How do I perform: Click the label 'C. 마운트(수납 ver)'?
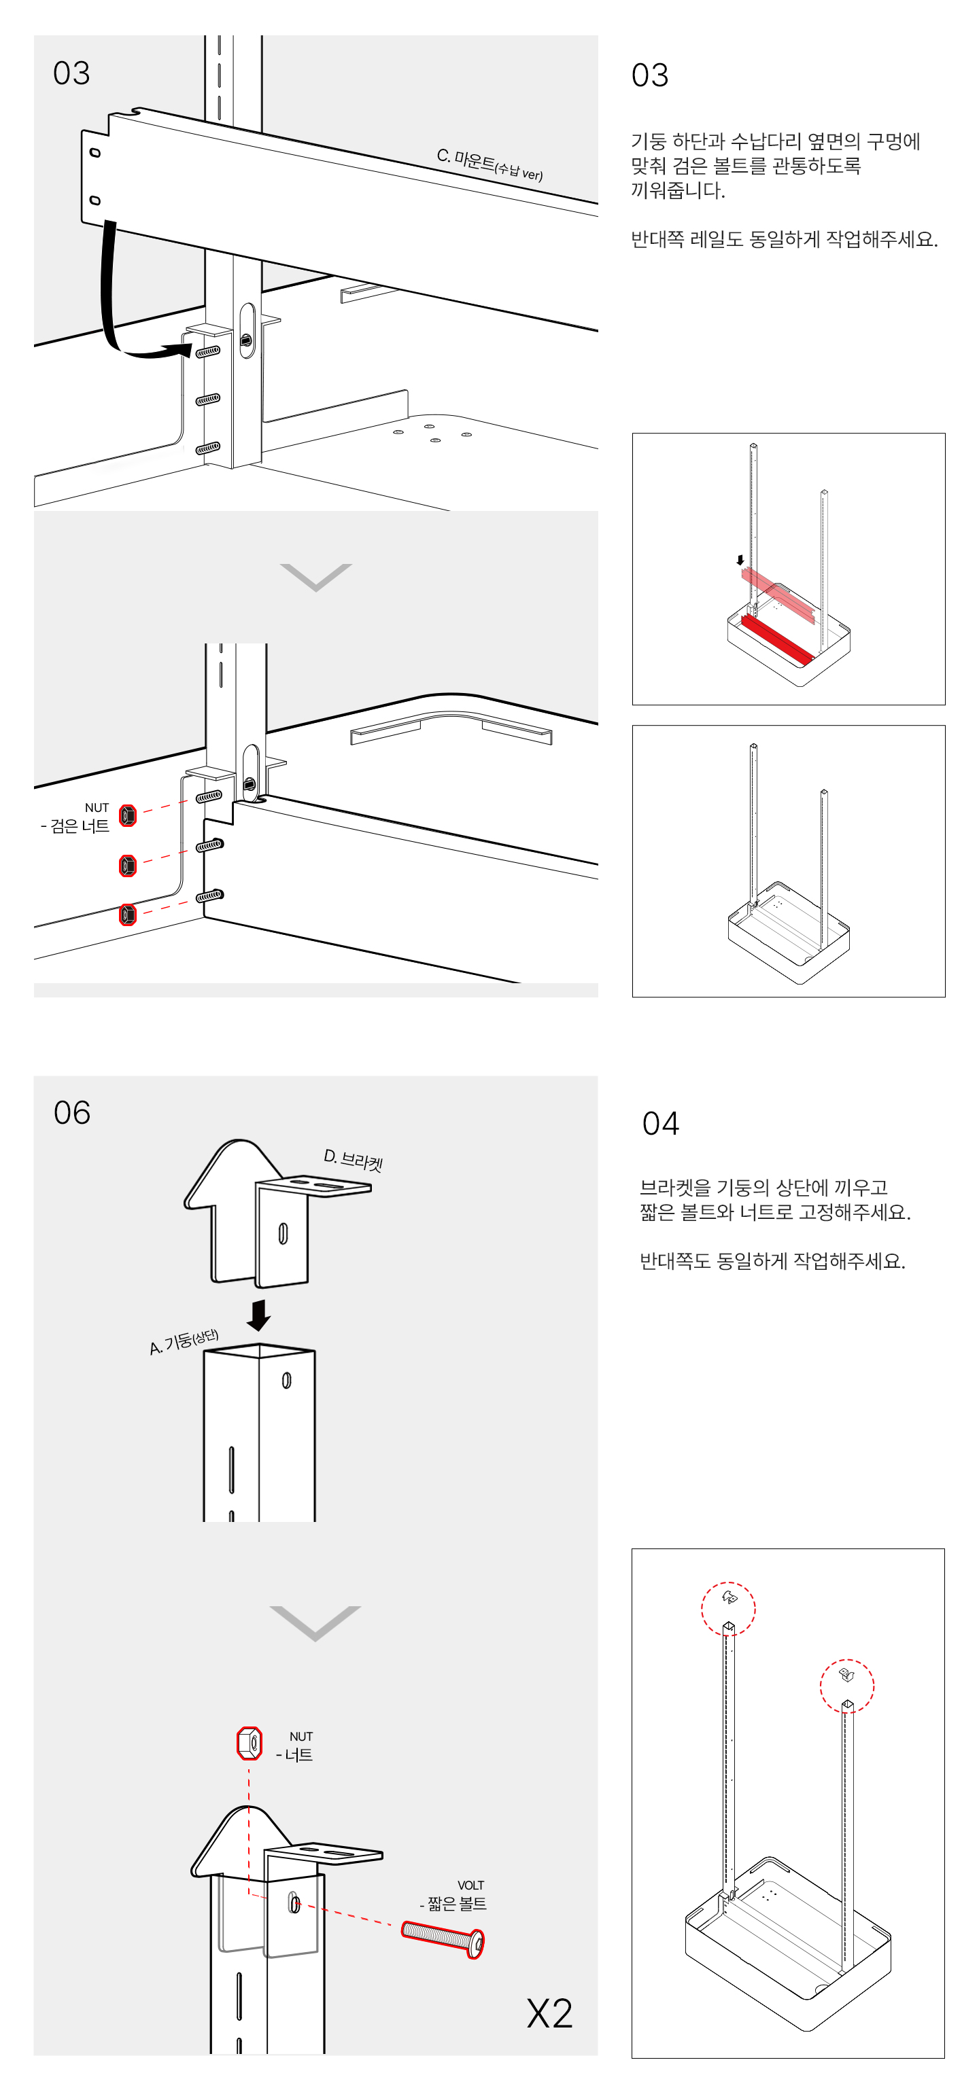[489, 164]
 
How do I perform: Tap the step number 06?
[71, 1112]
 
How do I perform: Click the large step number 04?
[660, 1123]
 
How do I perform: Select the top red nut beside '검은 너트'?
[127, 815]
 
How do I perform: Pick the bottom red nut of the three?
[127, 915]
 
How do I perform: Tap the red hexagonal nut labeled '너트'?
[250, 1743]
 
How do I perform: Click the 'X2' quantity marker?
[549, 2014]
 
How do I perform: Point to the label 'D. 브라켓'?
[353, 1161]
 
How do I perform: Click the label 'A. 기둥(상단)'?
[184, 1342]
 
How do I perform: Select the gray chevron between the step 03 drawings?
[315, 577]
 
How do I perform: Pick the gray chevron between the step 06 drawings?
[315, 1622]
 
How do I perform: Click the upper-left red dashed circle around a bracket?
[728, 1608]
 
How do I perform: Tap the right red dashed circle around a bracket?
[846, 1685]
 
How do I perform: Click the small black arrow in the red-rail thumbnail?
[740, 560]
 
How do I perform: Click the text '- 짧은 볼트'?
[453, 1903]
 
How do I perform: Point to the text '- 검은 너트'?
[75, 826]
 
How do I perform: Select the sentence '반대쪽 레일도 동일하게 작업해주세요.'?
[784, 239]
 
